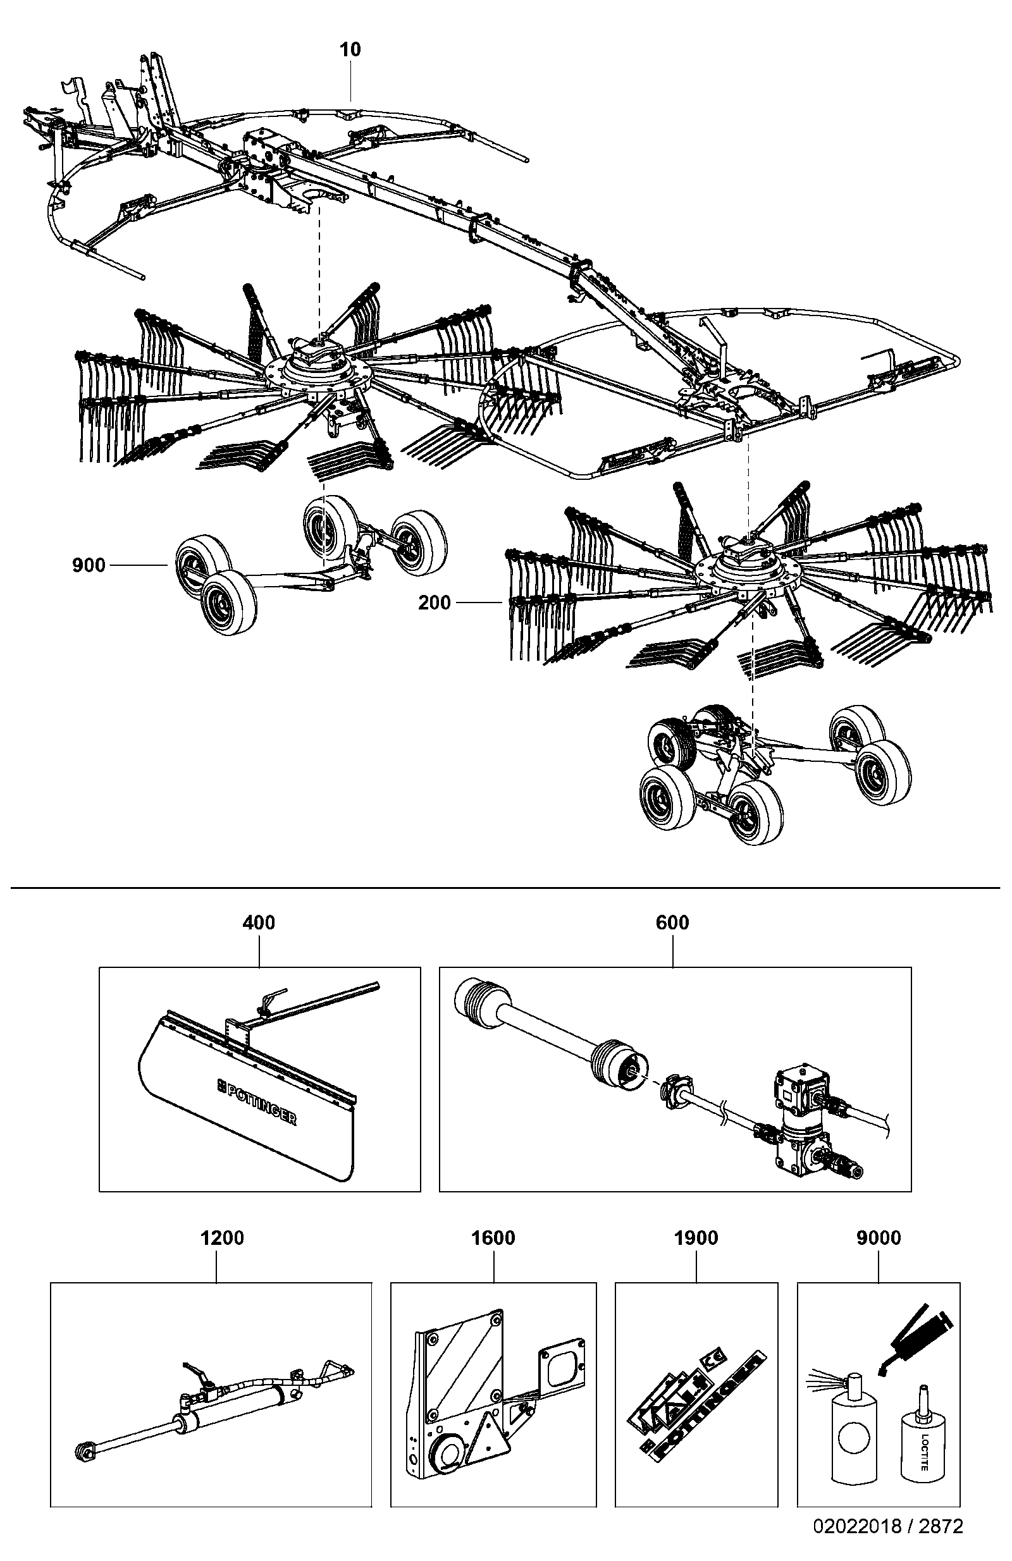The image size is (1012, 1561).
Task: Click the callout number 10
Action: tap(350, 49)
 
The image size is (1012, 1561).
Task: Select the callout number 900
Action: tap(89, 565)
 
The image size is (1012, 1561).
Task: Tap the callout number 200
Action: tap(435, 603)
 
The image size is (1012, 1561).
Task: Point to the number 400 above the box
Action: tap(259, 923)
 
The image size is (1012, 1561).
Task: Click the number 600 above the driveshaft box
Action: tap(672, 923)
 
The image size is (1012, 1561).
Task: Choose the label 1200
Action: tap(222, 1239)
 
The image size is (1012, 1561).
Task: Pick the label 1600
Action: tap(493, 1239)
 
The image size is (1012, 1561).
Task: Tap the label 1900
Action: tap(696, 1239)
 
